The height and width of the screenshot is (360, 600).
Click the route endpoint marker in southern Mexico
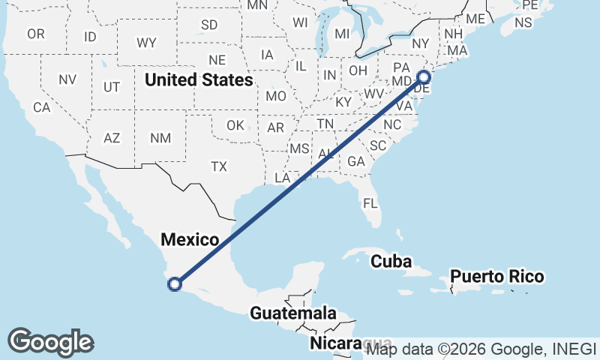click(175, 283)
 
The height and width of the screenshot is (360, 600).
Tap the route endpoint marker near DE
click(424, 76)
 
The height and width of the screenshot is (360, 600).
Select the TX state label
click(219, 166)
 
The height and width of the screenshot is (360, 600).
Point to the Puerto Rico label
click(497, 277)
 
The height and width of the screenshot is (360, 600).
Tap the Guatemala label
click(293, 313)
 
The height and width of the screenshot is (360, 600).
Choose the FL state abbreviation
click(370, 203)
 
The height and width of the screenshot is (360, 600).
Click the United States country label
click(199, 79)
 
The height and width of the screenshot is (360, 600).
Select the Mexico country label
click(190, 240)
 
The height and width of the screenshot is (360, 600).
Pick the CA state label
click(41, 107)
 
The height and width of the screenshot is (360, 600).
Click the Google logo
click(50, 342)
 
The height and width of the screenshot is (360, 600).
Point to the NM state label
click(160, 138)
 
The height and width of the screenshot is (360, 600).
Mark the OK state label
click(235, 125)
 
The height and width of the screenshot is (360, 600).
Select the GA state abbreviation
click(355, 161)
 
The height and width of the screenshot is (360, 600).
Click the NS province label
click(523, 22)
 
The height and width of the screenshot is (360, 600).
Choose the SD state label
click(209, 25)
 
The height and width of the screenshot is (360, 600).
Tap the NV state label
click(67, 79)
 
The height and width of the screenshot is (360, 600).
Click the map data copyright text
click(481, 349)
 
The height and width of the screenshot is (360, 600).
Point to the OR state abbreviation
click(36, 34)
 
